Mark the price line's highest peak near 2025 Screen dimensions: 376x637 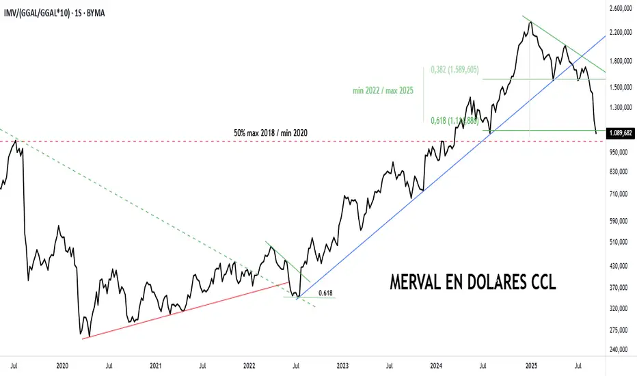pos(530,22)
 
